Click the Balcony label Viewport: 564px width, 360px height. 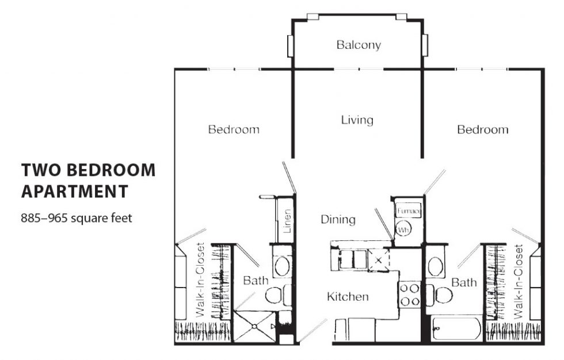(359, 45)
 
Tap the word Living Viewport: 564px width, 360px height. (357, 120)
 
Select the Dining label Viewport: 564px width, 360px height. (338, 220)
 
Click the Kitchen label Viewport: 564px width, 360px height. (348, 296)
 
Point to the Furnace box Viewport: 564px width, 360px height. (408, 211)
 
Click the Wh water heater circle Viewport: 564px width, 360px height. (403, 229)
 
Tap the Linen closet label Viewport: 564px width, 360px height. (287, 221)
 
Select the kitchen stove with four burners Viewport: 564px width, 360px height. (410, 294)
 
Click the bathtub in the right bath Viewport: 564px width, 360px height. (457, 329)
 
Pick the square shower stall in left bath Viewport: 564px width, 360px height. (254, 326)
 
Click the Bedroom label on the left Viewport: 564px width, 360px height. (234, 129)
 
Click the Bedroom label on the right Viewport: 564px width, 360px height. (483, 129)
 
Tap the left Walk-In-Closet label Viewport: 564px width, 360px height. (200, 280)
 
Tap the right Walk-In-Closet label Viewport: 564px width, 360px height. (519, 282)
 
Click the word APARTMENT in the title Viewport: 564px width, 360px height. (75, 191)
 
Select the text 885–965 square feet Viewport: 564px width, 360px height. (77, 218)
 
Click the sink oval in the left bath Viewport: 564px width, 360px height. (282, 266)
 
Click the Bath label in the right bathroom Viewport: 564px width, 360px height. (464, 282)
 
